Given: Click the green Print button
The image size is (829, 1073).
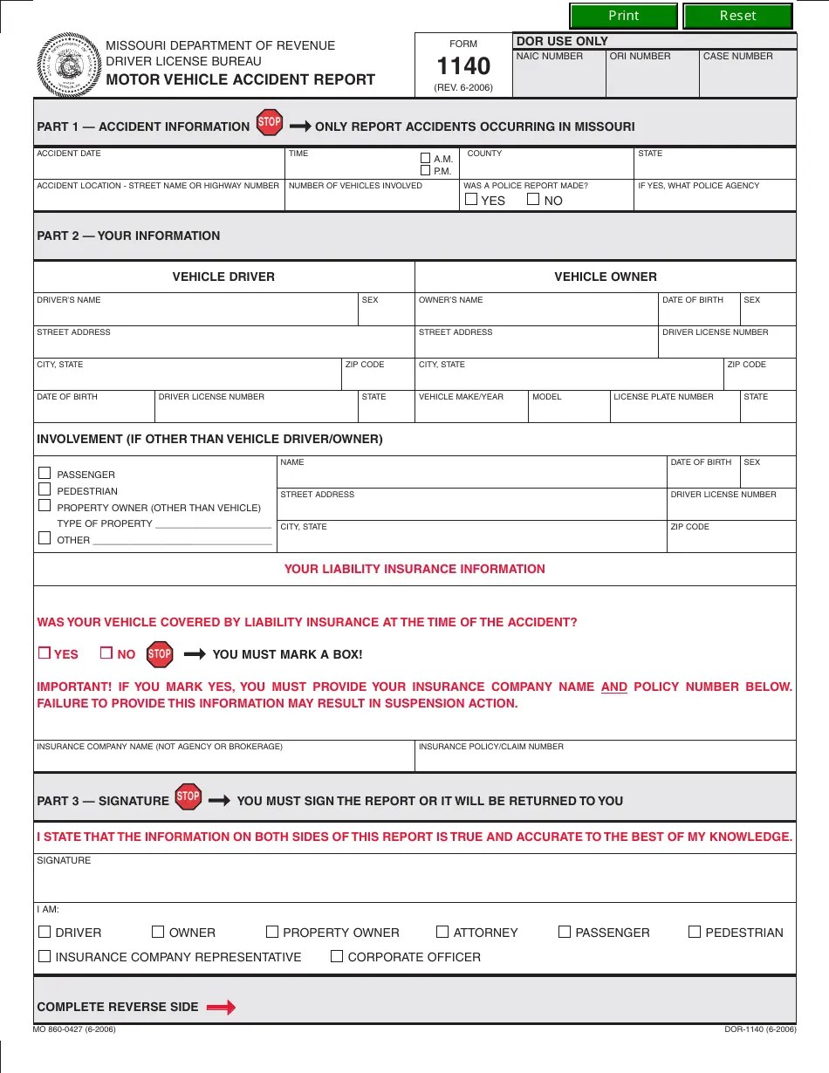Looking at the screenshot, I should tap(623, 16).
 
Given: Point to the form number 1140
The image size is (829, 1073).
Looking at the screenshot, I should tap(463, 66).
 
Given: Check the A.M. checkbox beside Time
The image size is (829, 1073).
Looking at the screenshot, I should tap(426, 158).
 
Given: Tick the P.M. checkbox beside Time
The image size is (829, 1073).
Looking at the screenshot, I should tap(426, 170).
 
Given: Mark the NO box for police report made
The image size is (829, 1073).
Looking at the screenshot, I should tap(533, 200).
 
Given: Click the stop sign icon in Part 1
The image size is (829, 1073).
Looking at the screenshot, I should tap(270, 122).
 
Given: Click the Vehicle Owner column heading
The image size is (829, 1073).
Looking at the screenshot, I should tap(605, 277).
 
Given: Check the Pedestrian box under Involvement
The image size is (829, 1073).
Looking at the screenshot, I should tap(45, 489).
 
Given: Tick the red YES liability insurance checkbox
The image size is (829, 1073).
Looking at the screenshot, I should tap(44, 653).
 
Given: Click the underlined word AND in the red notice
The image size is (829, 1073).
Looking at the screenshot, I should tap(614, 687).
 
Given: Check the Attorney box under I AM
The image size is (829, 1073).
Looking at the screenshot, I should tap(442, 932).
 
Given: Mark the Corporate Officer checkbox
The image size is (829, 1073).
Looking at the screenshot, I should tap(337, 956).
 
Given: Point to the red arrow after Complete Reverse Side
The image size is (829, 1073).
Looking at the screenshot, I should tap(221, 1008).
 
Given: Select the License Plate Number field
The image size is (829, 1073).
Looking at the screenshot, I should tap(674, 411).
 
